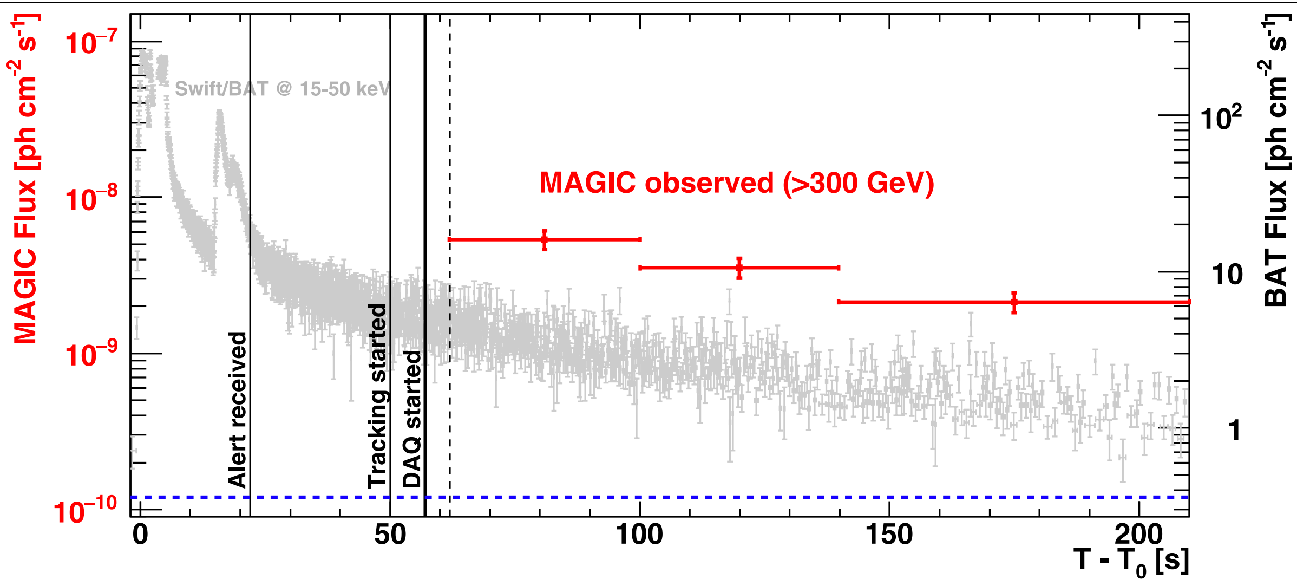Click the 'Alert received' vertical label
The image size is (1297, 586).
(x=237, y=409)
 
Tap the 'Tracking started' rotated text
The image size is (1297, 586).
(x=377, y=396)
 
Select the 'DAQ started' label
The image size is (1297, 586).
(x=412, y=419)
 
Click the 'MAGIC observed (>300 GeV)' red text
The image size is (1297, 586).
(x=737, y=183)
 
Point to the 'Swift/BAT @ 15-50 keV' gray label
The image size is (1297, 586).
(x=282, y=89)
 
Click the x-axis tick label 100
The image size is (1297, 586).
(x=639, y=535)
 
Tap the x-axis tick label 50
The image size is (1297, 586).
(x=390, y=535)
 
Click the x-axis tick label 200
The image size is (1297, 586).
(x=1138, y=535)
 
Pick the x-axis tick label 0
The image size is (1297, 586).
(x=140, y=535)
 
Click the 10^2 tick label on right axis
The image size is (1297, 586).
(x=1221, y=117)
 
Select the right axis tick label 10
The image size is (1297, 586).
(x=1227, y=275)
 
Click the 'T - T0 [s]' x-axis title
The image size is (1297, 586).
(x=1131, y=561)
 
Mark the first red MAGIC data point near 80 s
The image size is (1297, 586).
(x=545, y=240)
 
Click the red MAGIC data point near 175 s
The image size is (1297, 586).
(x=1014, y=302)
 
